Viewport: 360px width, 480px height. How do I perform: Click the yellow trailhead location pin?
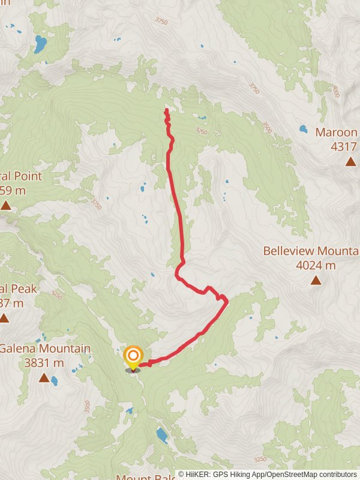(133, 358)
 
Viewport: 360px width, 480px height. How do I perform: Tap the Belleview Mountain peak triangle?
(316, 280)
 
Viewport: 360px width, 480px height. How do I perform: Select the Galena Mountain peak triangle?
(43, 377)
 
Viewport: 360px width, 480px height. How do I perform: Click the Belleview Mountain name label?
(311, 250)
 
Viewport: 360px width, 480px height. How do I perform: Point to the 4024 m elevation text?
(316, 265)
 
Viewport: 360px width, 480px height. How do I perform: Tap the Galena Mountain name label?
(45, 349)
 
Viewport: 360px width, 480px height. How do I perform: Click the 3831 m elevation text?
(44, 362)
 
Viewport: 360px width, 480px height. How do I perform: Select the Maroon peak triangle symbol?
(350, 161)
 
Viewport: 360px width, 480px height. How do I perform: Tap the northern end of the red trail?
(166, 110)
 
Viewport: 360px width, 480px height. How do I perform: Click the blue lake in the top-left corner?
(40, 44)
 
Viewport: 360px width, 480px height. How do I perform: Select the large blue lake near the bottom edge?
(162, 435)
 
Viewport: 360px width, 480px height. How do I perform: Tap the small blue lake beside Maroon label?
(304, 129)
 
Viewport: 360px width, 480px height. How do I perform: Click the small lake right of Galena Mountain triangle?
(55, 380)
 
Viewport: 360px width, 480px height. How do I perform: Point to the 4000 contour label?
(335, 92)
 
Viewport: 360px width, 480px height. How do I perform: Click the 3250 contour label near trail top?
(202, 130)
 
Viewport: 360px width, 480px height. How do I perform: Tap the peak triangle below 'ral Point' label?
(6, 206)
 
